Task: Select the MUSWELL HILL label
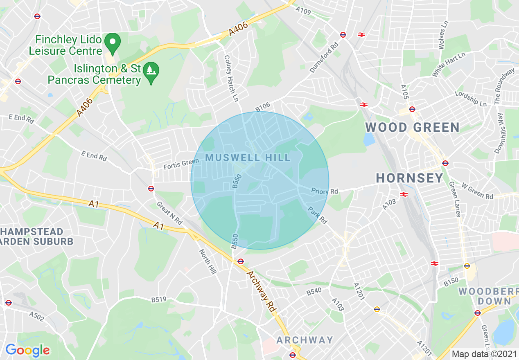pos(248,158)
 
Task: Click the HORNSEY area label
pos(409,178)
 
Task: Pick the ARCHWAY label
pos(305,340)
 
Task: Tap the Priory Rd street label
pos(325,191)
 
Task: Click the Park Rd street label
pos(318,214)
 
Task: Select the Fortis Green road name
pos(181,164)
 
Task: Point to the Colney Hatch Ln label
pos(231,79)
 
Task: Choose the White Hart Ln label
pos(449,65)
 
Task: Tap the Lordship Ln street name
pos(471,99)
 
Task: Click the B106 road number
pos(263,107)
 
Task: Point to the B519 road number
pos(159,300)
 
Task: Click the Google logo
pos(27,350)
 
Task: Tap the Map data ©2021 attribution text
pos(484,354)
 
